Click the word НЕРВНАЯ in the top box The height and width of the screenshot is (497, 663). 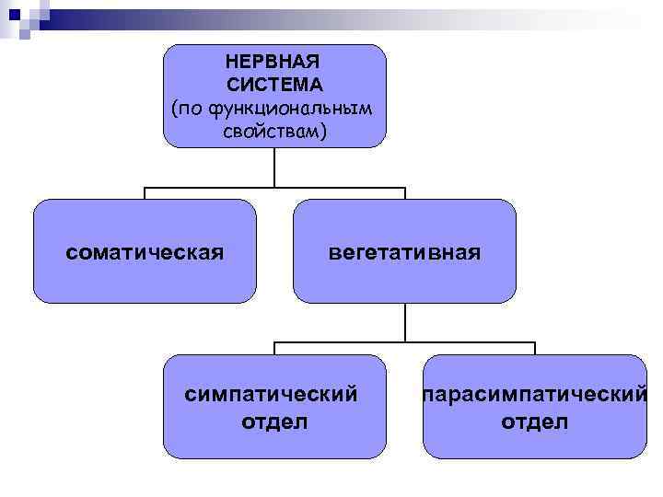click(x=273, y=64)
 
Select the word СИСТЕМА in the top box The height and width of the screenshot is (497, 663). click(x=273, y=86)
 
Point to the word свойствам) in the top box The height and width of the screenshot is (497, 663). click(x=274, y=132)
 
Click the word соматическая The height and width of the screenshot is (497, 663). click(x=145, y=251)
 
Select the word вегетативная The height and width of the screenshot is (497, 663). click(x=405, y=251)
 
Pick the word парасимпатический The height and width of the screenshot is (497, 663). click(x=534, y=395)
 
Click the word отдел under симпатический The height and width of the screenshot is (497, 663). click(x=274, y=422)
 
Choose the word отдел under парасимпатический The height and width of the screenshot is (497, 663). click(x=535, y=422)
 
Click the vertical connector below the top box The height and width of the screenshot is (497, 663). click(x=274, y=167)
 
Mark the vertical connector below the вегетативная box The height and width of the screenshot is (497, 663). click(x=405, y=322)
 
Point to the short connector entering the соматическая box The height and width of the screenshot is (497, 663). click(x=145, y=193)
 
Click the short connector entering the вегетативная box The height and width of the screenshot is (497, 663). click(x=405, y=193)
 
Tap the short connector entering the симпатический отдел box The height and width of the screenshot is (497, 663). click(x=274, y=348)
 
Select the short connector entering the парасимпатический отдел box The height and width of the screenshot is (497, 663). click(x=535, y=348)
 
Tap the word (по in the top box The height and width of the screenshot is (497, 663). click(x=188, y=109)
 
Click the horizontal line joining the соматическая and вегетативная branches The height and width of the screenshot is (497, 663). click(x=274, y=188)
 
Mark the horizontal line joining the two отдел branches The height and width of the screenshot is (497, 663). click(x=405, y=342)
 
